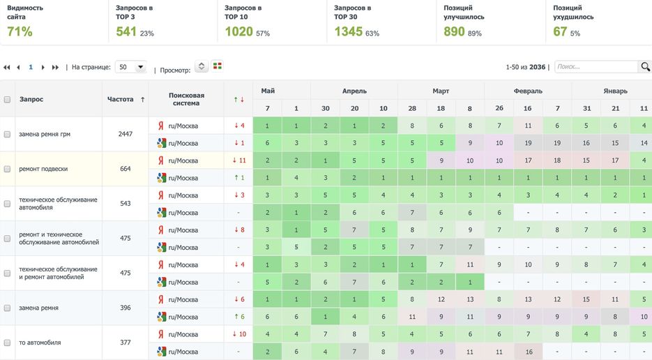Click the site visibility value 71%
pos(20,31)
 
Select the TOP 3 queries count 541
pos(126,31)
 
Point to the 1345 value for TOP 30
pos(348,31)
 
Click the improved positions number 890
pos(454,31)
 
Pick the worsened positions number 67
pos(560,31)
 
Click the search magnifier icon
pos(645,67)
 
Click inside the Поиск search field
pos(596,67)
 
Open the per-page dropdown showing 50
pos(130,67)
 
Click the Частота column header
pos(121,99)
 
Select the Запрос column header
pos(31,99)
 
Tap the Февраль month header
pos(528,91)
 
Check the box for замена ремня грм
pos(7,134)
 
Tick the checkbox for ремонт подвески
pos(7,169)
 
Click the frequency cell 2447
pos(125,134)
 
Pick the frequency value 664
pos(125,169)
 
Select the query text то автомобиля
pos(40,343)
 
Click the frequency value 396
pos(125,308)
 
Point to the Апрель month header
pos(354,91)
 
